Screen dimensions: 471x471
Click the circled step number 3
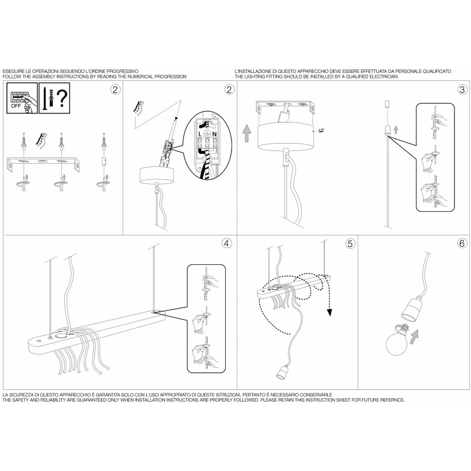[462, 89]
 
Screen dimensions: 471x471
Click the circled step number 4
[227, 243]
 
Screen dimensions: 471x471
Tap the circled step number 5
[350, 243]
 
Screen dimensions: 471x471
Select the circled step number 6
[462, 243]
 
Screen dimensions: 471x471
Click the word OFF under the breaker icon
[16, 106]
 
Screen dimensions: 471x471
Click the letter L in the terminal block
[200, 134]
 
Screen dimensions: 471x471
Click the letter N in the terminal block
[215, 134]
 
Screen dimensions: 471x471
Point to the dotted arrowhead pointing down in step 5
[329, 312]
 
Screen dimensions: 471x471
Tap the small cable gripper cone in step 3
[388, 129]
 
